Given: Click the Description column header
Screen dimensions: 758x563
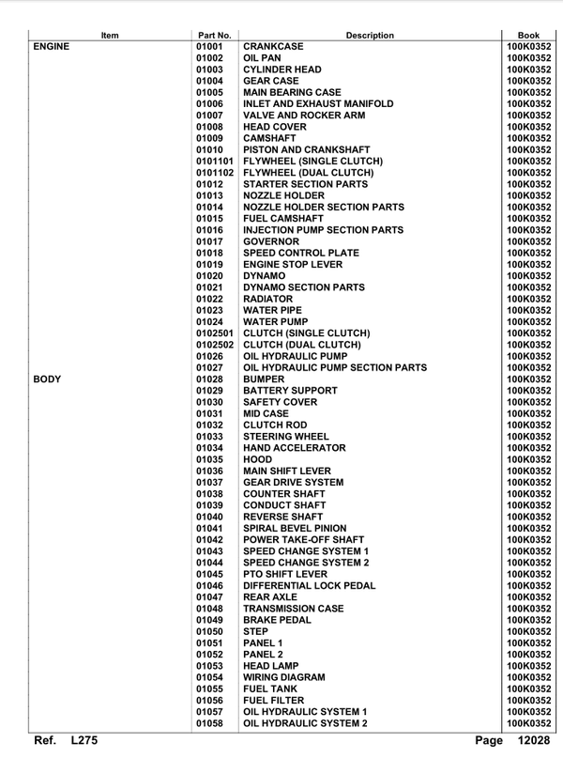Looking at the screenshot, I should coord(370,35).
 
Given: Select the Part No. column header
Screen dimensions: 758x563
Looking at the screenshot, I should coord(215,35).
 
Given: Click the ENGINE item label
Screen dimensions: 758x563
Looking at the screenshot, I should coord(53,46).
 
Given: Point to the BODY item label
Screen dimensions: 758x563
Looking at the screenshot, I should coord(48,379).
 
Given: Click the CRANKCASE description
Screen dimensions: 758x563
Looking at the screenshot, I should coord(280,46).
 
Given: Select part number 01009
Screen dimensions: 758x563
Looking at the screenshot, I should coord(210,138).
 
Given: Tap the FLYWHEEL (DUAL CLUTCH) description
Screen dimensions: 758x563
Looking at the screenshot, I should coord(310,173).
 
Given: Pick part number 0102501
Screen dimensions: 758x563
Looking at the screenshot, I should coord(215,333).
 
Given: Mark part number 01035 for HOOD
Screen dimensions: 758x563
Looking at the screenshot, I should coord(210,459).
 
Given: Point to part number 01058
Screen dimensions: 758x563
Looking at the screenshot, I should coord(210,723).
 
